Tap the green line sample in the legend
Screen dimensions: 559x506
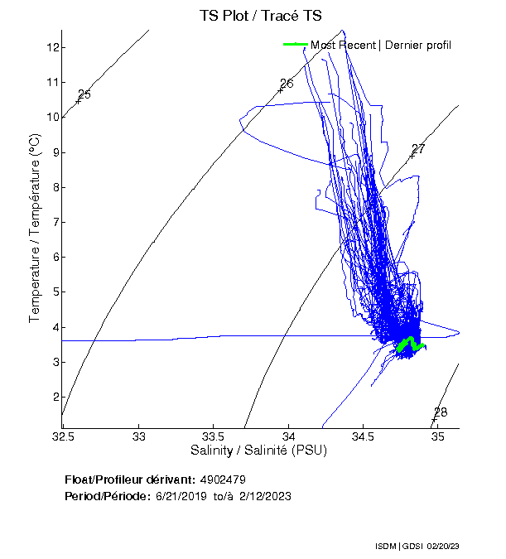[295, 45]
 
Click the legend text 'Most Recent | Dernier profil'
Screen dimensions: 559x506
[381, 45]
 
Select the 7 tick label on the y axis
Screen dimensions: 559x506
[53, 222]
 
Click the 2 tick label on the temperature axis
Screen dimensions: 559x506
[53, 397]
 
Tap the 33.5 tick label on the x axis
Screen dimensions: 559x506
[214, 436]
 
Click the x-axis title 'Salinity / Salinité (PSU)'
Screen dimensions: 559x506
[258, 451]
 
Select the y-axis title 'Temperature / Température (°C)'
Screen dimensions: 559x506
[35, 228]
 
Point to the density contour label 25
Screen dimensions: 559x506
[84, 94]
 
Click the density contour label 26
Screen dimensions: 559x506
[287, 84]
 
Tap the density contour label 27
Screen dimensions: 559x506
[418, 149]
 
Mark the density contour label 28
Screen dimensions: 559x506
[441, 412]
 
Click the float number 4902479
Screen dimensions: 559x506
[223, 479]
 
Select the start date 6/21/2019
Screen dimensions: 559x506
[180, 496]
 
